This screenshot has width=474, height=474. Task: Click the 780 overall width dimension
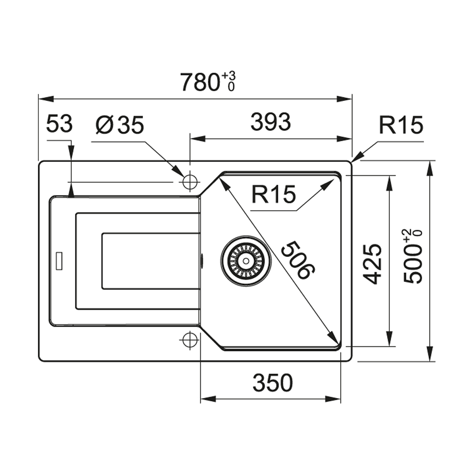click(x=200, y=82)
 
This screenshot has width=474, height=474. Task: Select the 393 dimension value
click(x=271, y=122)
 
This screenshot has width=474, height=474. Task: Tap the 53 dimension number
click(x=59, y=123)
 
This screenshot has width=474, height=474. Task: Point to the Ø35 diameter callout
click(x=120, y=125)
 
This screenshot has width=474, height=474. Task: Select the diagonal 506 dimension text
click(x=298, y=260)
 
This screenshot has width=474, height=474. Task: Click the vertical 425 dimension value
click(x=373, y=264)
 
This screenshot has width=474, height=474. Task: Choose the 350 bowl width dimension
click(x=273, y=383)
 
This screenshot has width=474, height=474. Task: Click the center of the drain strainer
click(x=246, y=261)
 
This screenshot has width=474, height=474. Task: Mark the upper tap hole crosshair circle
click(x=190, y=182)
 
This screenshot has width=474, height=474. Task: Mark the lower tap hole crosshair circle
click(x=190, y=340)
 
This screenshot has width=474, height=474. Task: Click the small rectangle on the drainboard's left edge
click(x=59, y=261)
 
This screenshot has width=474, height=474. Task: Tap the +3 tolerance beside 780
click(x=229, y=76)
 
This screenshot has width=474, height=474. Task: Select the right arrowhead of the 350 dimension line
click(x=333, y=399)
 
